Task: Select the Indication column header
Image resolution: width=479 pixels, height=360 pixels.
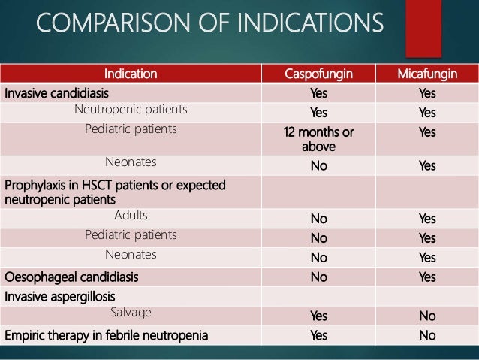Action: [x=131, y=74]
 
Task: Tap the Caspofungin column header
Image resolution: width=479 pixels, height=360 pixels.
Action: [x=318, y=74]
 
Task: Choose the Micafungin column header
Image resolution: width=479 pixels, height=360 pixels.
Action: [x=427, y=74]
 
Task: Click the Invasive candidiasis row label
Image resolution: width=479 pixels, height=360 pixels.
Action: [x=56, y=93]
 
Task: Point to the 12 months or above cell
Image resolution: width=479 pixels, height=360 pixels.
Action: [x=318, y=138]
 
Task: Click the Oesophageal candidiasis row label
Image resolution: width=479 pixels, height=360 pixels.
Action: [x=71, y=277]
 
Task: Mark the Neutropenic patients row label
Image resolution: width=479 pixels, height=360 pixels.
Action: [x=131, y=110]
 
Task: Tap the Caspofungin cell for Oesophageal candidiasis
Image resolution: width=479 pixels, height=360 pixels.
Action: [x=318, y=277]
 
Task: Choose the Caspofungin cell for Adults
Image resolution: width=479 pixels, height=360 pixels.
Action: [x=318, y=220]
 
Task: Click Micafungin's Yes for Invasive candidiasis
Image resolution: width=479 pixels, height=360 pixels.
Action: [x=427, y=94]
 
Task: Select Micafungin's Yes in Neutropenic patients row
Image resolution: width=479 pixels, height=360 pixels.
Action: [x=427, y=113]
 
